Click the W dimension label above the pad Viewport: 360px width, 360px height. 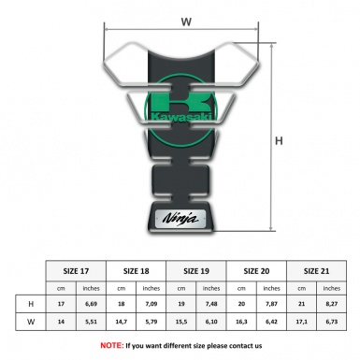[186, 22]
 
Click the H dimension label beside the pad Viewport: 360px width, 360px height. [279, 141]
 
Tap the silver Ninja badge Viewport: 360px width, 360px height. [180, 219]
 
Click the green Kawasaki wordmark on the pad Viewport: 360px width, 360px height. [180, 117]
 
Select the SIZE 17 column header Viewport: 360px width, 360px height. [76, 271]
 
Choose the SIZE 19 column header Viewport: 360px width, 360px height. [196, 271]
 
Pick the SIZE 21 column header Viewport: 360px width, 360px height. [316, 271]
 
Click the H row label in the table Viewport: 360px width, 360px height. [31, 304]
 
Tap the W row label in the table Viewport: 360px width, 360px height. [31, 322]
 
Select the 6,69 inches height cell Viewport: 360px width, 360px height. [91, 304]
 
